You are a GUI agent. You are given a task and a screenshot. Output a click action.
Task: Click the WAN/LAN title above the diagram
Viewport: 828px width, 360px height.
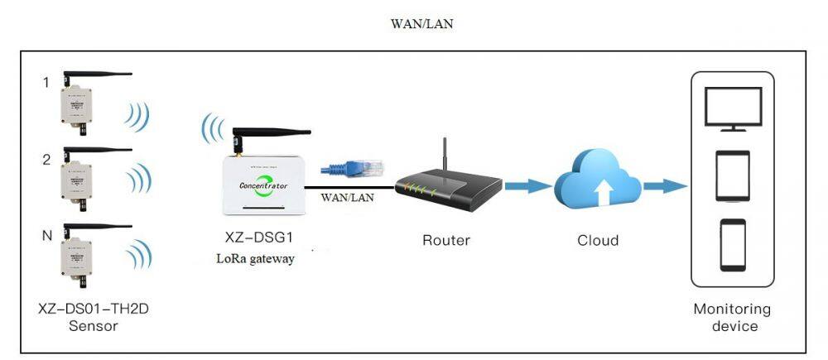[x=421, y=24]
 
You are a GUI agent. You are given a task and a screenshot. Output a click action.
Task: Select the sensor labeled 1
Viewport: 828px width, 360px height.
[x=75, y=108]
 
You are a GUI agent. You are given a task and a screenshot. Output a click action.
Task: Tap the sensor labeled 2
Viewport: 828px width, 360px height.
[x=75, y=177]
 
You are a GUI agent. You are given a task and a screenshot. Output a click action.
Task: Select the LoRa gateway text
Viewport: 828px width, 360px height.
[x=255, y=258]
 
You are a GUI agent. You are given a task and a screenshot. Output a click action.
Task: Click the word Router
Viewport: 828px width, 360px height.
[x=445, y=241]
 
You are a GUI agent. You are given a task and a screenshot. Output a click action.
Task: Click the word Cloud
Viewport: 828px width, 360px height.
[x=597, y=241]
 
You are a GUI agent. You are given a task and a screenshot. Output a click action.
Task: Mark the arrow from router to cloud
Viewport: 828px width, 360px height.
[x=527, y=186]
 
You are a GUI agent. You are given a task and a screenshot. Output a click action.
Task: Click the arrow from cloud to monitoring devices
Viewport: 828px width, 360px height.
[x=664, y=186]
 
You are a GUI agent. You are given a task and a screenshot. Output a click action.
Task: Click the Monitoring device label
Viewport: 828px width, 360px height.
[x=733, y=317]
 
